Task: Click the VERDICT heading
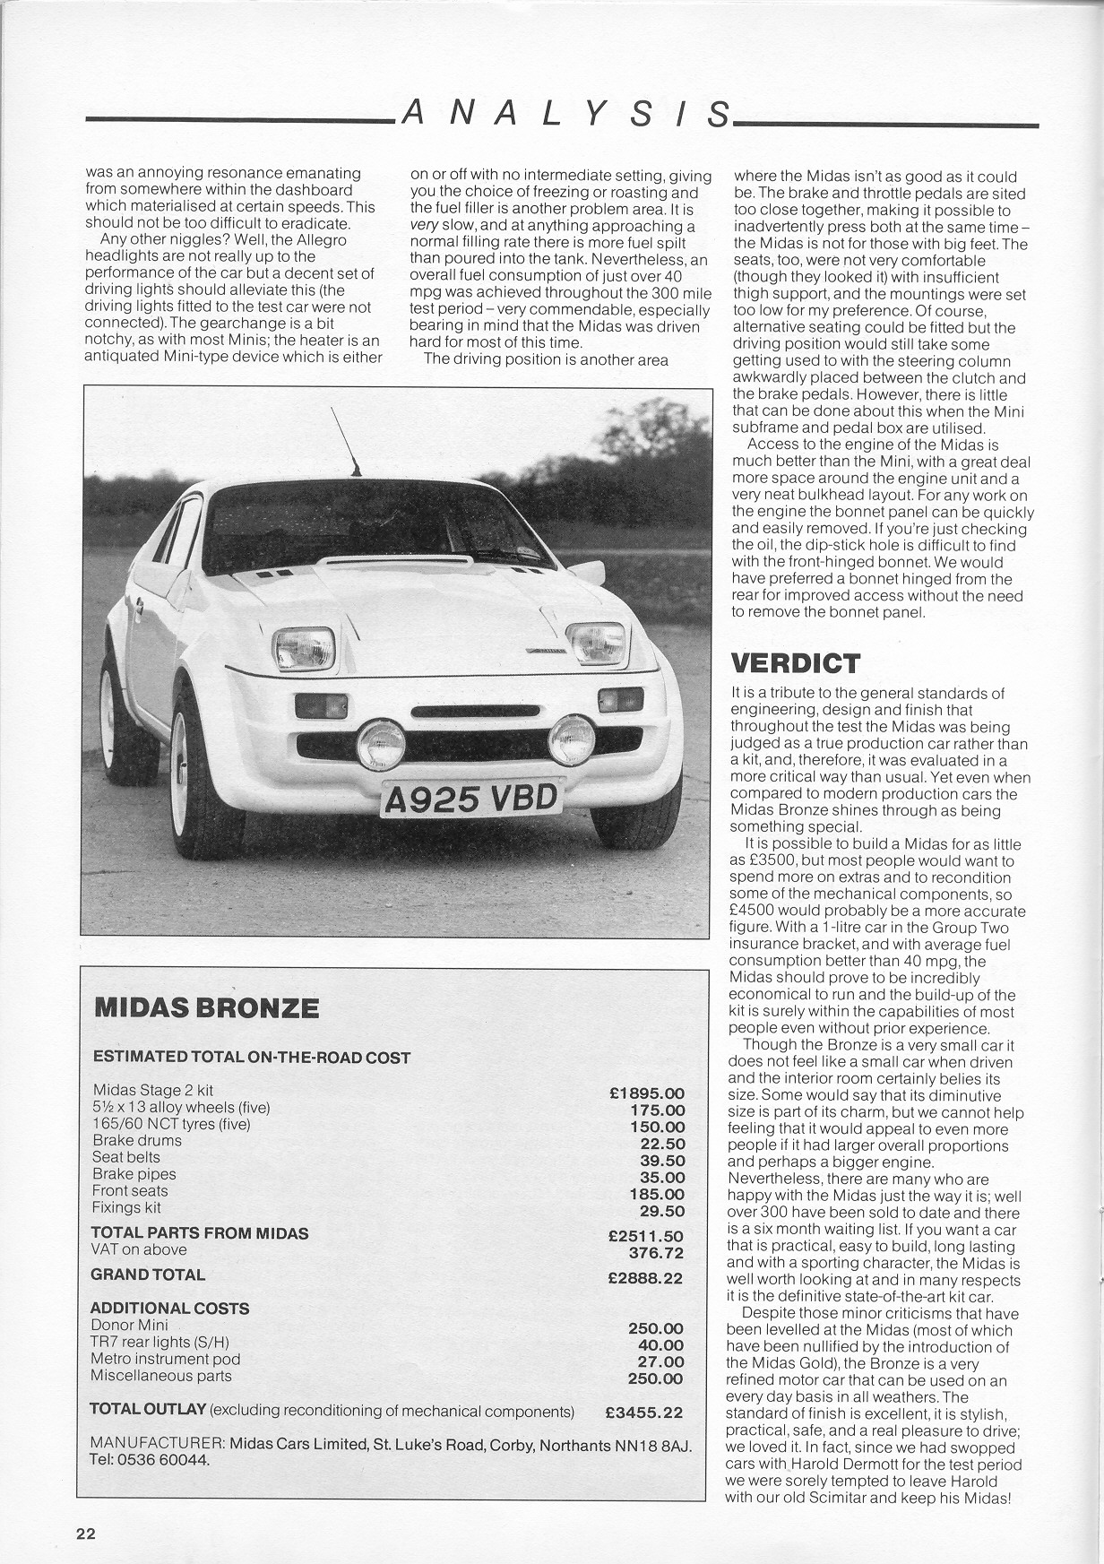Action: pyautogui.click(x=796, y=663)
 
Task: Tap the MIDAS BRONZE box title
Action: pyautogui.click(x=206, y=1007)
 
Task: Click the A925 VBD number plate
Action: pyautogui.click(x=471, y=798)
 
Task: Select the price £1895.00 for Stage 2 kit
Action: pyautogui.click(x=646, y=1093)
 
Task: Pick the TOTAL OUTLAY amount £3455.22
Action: pyautogui.click(x=643, y=1413)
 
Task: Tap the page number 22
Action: pyautogui.click(x=85, y=1534)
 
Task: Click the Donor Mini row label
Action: pyautogui.click(x=129, y=1325)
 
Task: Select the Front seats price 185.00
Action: pyautogui.click(x=657, y=1194)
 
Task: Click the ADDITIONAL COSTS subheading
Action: pyautogui.click(x=169, y=1308)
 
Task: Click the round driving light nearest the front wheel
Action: pyautogui.click(x=381, y=744)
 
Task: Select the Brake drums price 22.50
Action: pyautogui.click(x=662, y=1144)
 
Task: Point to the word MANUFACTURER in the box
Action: pyautogui.click(x=157, y=1443)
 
